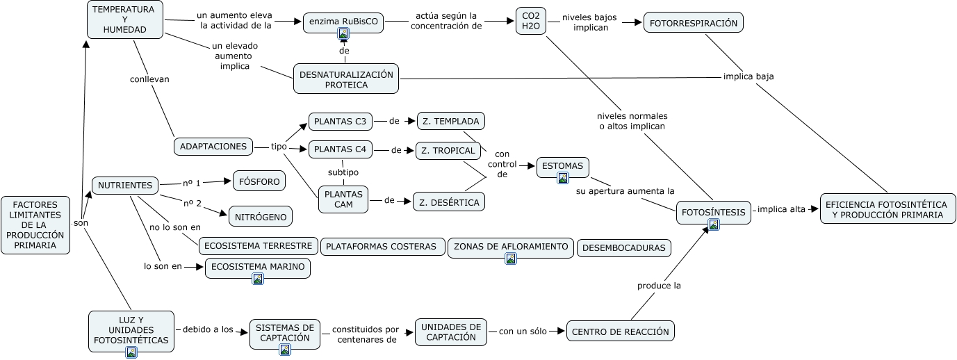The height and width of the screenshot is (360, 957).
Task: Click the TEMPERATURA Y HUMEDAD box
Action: (x=125, y=19)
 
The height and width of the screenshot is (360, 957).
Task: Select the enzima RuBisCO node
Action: (x=343, y=21)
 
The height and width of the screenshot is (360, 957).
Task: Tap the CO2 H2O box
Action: (x=530, y=22)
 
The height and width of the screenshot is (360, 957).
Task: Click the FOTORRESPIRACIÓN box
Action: (x=693, y=22)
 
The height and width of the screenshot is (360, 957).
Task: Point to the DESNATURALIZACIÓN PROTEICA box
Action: (x=346, y=79)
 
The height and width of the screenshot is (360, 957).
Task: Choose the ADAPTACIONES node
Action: (x=213, y=146)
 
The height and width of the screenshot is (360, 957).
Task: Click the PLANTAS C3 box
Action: (x=340, y=122)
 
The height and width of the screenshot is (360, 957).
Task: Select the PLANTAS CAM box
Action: (x=343, y=199)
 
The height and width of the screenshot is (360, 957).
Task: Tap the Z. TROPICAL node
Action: (x=448, y=150)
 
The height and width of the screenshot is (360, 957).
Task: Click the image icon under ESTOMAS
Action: (x=563, y=178)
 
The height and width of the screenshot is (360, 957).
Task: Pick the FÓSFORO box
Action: (x=259, y=181)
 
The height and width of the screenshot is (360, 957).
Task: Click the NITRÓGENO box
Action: (x=261, y=217)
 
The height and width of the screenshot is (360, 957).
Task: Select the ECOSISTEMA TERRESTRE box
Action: (x=258, y=246)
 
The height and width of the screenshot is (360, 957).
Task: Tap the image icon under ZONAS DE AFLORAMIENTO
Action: (x=511, y=259)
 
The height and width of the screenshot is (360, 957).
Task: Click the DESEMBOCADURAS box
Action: (x=624, y=247)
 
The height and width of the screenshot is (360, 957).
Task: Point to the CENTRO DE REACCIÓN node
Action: (x=621, y=332)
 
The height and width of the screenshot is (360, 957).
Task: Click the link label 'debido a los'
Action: (x=207, y=329)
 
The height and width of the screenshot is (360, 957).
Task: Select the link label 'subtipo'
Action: (x=343, y=172)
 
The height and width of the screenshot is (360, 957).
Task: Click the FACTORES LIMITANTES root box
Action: (x=35, y=224)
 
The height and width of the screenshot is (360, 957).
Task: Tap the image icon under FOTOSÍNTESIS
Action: (x=714, y=224)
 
